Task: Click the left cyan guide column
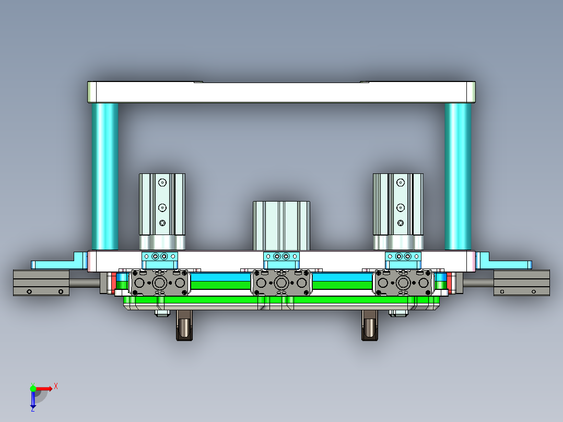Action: click(x=104, y=176)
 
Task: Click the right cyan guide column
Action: click(x=458, y=176)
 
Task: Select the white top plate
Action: click(x=281, y=92)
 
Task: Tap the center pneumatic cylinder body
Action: click(x=282, y=225)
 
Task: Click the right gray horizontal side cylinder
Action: click(x=521, y=283)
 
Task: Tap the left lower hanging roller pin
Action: click(x=184, y=327)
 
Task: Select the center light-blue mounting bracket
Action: click(x=282, y=257)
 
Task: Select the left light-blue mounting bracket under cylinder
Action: click(x=160, y=256)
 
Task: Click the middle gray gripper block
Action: click(x=282, y=283)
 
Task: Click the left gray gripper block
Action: click(x=159, y=283)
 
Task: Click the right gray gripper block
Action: click(x=403, y=283)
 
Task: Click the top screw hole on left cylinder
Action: click(x=162, y=183)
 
